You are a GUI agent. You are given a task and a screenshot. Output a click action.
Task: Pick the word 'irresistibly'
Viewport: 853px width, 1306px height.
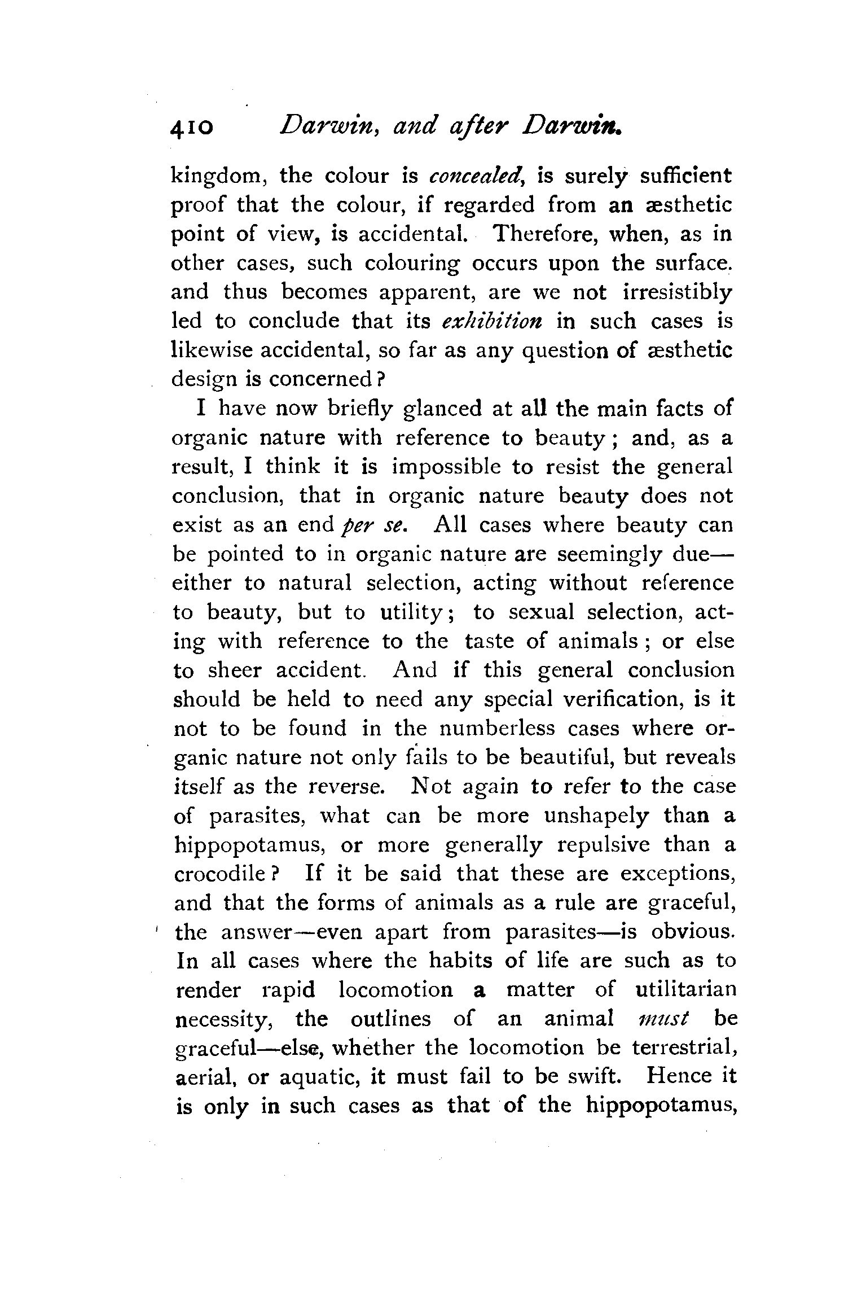[678, 292]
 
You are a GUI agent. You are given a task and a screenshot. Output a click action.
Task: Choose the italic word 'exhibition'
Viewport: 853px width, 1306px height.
[492, 321]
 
